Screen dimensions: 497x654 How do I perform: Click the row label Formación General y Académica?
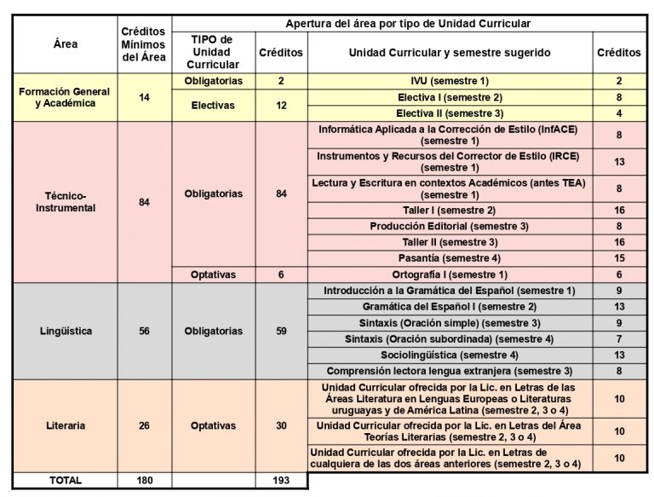point(66,97)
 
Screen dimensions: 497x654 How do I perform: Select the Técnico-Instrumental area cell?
point(66,202)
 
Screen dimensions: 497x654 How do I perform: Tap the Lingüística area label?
point(66,331)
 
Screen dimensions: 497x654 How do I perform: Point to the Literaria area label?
point(66,425)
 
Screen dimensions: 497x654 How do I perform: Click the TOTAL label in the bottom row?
point(66,480)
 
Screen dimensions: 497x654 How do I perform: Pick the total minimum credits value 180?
point(144,480)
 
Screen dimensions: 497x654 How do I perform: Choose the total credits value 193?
point(281,480)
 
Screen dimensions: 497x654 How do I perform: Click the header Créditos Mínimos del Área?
point(144,44)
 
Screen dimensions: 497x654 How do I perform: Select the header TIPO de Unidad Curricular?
point(213,52)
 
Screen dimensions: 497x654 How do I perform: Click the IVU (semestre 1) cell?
point(450,81)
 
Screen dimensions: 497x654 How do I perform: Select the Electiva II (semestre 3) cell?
point(450,113)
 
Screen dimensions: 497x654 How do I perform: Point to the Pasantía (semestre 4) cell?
point(450,258)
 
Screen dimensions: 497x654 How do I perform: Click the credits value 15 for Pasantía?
point(619,258)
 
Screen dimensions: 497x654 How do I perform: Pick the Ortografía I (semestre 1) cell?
point(450,275)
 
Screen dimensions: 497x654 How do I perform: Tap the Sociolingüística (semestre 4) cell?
point(450,355)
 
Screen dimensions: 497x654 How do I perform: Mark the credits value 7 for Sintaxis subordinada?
point(619,339)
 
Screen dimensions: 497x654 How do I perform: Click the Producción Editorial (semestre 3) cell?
point(450,226)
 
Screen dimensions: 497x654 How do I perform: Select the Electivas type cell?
point(213,105)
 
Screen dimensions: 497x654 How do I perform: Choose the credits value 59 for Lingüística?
point(281,331)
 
